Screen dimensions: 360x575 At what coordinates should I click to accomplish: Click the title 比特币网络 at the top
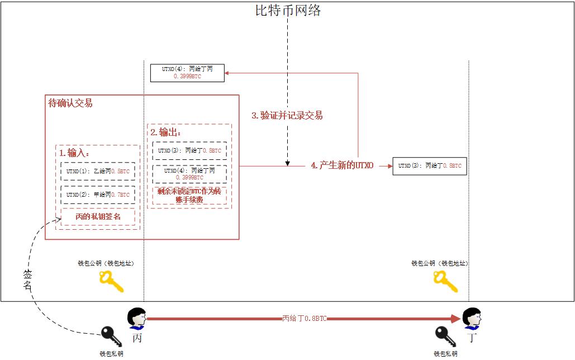tap(288, 10)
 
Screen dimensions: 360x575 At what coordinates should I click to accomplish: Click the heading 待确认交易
tap(70, 103)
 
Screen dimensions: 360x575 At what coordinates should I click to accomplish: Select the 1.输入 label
tap(74, 153)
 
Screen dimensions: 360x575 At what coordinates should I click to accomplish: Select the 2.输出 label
tap(166, 132)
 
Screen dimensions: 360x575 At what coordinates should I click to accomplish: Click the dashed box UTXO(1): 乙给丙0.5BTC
tap(98, 172)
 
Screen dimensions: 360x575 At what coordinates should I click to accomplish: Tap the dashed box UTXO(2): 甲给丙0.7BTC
tap(98, 195)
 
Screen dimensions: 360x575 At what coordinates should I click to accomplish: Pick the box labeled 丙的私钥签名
tap(98, 217)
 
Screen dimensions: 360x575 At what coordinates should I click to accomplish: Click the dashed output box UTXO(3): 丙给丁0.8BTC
tap(189, 151)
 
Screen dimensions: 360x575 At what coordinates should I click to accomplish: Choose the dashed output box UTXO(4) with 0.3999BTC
tap(189, 174)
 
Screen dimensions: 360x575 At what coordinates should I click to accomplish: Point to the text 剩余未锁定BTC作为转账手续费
tap(189, 196)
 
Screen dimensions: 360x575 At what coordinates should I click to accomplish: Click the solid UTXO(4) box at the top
tap(187, 73)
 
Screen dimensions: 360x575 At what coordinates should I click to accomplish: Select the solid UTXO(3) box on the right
tap(429, 166)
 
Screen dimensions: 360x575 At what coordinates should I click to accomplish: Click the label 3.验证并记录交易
tap(287, 116)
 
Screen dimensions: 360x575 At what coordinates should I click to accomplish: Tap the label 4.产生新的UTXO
tap(342, 166)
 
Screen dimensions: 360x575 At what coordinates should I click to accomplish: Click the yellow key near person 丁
tap(445, 282)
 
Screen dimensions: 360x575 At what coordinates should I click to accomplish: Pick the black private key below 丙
tap(111, 337)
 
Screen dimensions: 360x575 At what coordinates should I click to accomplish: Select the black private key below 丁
tap(445, 337)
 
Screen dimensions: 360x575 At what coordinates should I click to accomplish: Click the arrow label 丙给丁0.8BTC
tap(304, 319)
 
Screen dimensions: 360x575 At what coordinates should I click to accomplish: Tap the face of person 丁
tap(473, 319)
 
